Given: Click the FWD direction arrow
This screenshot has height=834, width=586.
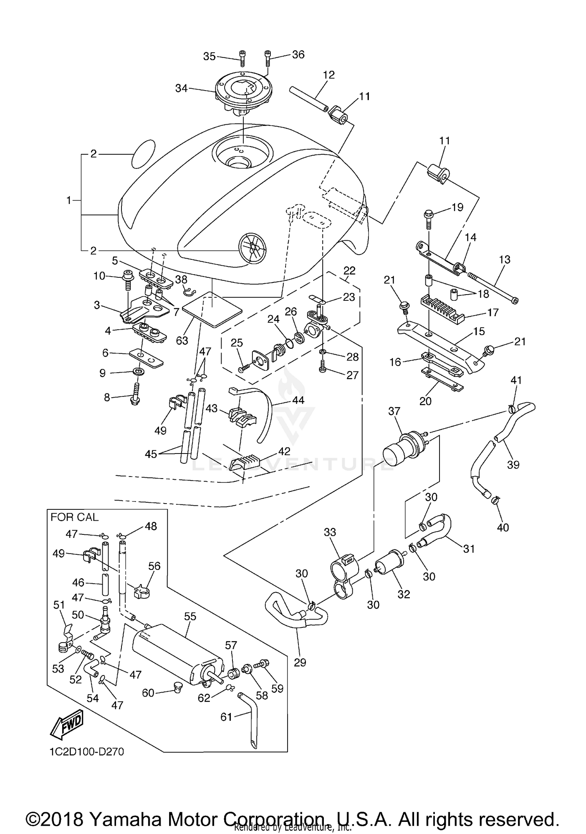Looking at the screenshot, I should click(x=67, y=724).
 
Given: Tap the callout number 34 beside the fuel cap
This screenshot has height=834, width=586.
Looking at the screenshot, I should click(x=181, y=89).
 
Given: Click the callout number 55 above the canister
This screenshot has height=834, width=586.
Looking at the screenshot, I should click(x=190, y=616).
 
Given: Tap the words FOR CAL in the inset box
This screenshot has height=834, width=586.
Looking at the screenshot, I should click(x=74, y=517).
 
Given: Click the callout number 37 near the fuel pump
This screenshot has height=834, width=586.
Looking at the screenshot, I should click(x=394, y=411).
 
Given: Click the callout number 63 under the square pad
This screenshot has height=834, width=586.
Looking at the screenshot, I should click(x=182, y=341).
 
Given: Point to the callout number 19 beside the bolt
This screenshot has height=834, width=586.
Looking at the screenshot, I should click(x=457, y=207).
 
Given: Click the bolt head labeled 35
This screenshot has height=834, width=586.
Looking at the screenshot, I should click(x=243, y=54).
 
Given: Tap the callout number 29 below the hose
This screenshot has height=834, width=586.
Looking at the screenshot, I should click(x=300, y=662).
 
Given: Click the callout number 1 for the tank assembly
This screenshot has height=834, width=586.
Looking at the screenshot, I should click(x=69, y=200).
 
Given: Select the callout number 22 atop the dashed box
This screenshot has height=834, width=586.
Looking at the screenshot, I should click(x=349, y=271).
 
